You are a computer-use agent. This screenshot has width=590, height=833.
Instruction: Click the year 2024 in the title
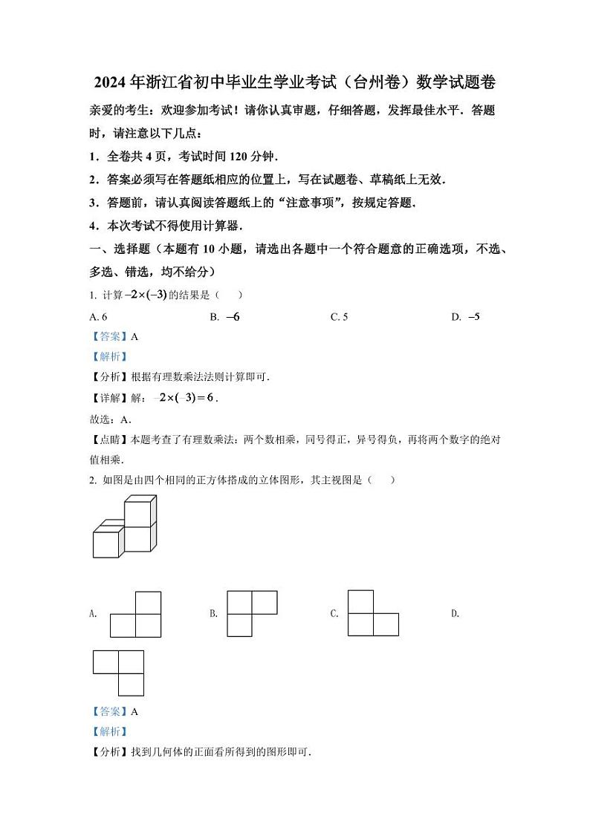[112, 82]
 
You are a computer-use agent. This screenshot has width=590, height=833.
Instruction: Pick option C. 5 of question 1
[339, 317]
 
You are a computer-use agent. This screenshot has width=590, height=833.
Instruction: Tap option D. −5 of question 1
[466, 317]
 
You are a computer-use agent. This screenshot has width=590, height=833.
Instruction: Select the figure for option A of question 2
[136, 614]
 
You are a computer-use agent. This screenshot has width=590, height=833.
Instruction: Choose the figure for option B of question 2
[251, 613]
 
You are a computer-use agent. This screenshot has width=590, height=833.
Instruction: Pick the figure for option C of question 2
[372, 613]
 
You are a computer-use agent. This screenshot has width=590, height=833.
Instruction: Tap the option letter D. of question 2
[456, 613]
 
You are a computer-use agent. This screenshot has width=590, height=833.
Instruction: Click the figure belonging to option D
[118, 673]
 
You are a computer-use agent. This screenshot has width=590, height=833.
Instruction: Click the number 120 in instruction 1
[222, 157]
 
